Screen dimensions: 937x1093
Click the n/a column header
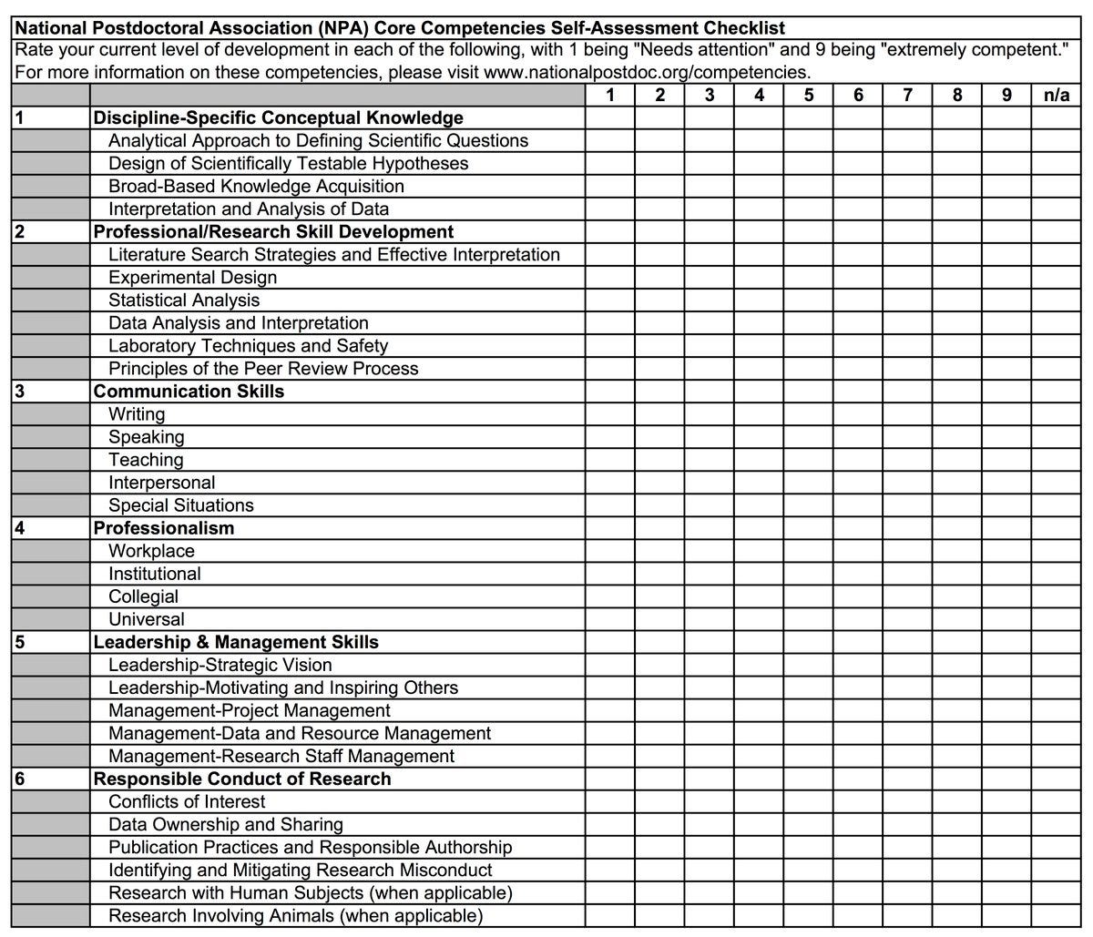pyautogui.click(x=1056, y=95)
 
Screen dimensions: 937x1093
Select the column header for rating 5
pyautogui.click(x=809, y=95)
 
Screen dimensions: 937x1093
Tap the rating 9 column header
pyautogui.click(x=1006, y=95)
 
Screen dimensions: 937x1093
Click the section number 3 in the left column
pyautogui.click(x=19, y=392)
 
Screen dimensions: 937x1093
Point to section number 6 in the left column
pyautogui.click(x=19, y=779)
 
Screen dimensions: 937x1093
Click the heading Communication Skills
pyautogui.click(x=189, y=392)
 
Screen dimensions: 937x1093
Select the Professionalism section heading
pyautogui.click(x=164, y=528)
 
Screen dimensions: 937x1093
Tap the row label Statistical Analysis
pyautogui.click(x=184, y=300)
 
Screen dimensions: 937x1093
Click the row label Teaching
pyautogui.click(x=146, y=460)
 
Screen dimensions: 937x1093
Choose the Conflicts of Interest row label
pyautogui.click(x=187, y=801)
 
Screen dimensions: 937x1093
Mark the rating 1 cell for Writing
pyautogui.click(x=610, y=414)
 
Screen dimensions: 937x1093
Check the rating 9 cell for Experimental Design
pyautogui.click(x=1006, y=278)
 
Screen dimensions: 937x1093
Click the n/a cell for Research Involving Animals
pyautogui.click(x=1056, y=915)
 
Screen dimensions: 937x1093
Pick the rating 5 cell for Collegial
pyautogui.click(x=809, y=596)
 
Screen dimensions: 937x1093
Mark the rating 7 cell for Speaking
pyautogui.click(x=907, y=437)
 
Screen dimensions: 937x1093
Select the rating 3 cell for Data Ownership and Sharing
pyautogui.click(x=710, y=824)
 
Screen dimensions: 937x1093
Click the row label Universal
pyautogui.click(x=146, y=619)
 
